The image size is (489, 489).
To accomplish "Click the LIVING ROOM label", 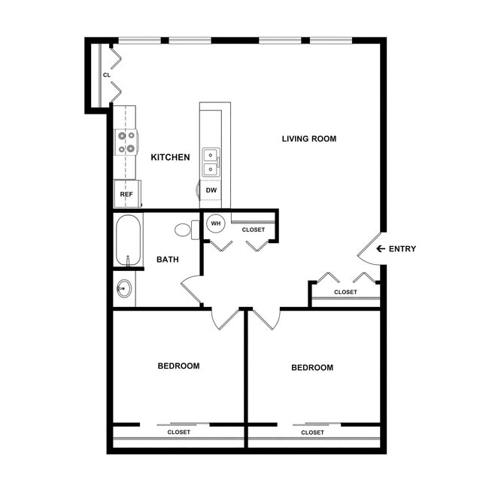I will tap(308, 138).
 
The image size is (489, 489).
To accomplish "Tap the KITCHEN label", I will tap(170, 157).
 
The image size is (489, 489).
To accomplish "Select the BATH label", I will tap(167, 260).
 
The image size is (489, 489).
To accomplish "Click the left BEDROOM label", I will tap(178, 366).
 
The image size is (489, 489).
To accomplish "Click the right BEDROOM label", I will tap(311, 368).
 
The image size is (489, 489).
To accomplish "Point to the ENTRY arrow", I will tap(381, 249).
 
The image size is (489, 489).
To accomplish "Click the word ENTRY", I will tap(402, 249).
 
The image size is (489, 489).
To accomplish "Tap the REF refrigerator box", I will tap(126, 193).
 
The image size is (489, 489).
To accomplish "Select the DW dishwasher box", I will tap(211, 191).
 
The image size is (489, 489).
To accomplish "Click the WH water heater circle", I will tap(215, 223).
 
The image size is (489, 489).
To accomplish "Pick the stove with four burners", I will tap(126, 142).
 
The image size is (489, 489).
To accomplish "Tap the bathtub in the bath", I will tap(127, 240).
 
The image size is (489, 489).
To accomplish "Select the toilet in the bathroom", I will tap(185, 229).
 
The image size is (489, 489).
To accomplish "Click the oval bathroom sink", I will tap(123, 290).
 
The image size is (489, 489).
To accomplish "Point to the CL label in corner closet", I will tap(106, 75).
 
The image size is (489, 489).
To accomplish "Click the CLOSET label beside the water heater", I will tap(253, 229).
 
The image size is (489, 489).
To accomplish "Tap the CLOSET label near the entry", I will tap(345, 292).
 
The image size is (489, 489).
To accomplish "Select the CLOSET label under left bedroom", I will tap(178, 433).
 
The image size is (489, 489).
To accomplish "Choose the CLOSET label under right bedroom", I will tap(312, 433).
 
